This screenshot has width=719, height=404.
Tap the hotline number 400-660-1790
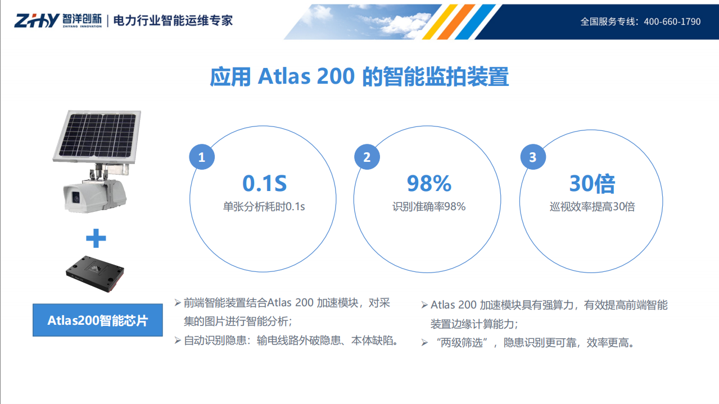tap(672, 21)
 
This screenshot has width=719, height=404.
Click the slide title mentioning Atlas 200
tap(359, 77)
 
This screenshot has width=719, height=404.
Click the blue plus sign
tap(96, 239)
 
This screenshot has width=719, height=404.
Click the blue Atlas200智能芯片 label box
tap(97, 320)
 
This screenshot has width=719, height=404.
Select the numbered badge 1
tap(201, 157)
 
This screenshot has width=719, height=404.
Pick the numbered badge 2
tap(367, 157)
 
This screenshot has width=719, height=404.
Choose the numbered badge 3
tap(532, 157)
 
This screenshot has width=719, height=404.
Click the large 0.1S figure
tap(264, 184)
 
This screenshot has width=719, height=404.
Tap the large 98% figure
tap(429, 184)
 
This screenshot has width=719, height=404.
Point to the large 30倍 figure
tap(592, 184)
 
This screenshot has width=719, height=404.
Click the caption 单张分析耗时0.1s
tap(264, 207)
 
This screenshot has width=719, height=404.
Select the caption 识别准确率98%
tap(429, 207)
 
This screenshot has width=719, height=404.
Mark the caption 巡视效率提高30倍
tap(592, 207)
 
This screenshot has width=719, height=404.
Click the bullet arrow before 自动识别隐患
tap(178, 341)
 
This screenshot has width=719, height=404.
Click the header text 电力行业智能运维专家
tap(173, 21)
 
